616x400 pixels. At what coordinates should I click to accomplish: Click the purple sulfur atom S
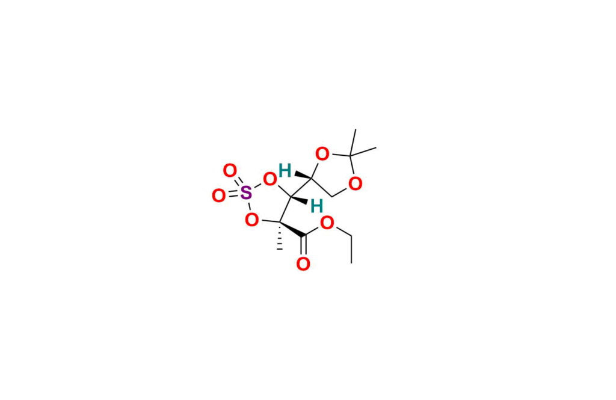click(x=245, y=193)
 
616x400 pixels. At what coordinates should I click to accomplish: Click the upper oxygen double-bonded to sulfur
click(x=229, y=171)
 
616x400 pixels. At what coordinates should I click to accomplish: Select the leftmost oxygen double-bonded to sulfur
click(x=219, y=195)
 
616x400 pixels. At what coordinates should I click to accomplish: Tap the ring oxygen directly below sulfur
click(x=252, y=220)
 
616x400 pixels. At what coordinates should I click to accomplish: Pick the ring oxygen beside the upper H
click(x=269, y=179)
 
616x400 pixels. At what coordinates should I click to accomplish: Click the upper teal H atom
click(x=285, y=170)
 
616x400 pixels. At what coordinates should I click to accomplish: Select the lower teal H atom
click(x=316, y=206)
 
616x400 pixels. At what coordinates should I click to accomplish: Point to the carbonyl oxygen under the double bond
click(x=303, y=263)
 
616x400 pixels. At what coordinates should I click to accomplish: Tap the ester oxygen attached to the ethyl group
click(x=327, y=223)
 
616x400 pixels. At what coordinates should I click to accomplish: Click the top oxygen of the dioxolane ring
click(x=322, y=154)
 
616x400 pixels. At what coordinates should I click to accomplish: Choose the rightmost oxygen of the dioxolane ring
click(x=356, y=183)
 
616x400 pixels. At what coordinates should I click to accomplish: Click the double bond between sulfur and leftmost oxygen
click(x=232, y=194)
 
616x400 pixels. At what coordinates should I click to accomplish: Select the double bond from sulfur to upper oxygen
click(x=238, y=182)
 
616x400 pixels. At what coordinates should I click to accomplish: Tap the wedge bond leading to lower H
click(x=301, y=200)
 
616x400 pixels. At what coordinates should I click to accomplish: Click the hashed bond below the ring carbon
click(x=279, y=239)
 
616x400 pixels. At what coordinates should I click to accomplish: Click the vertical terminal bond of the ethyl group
click(x=351, y=251)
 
